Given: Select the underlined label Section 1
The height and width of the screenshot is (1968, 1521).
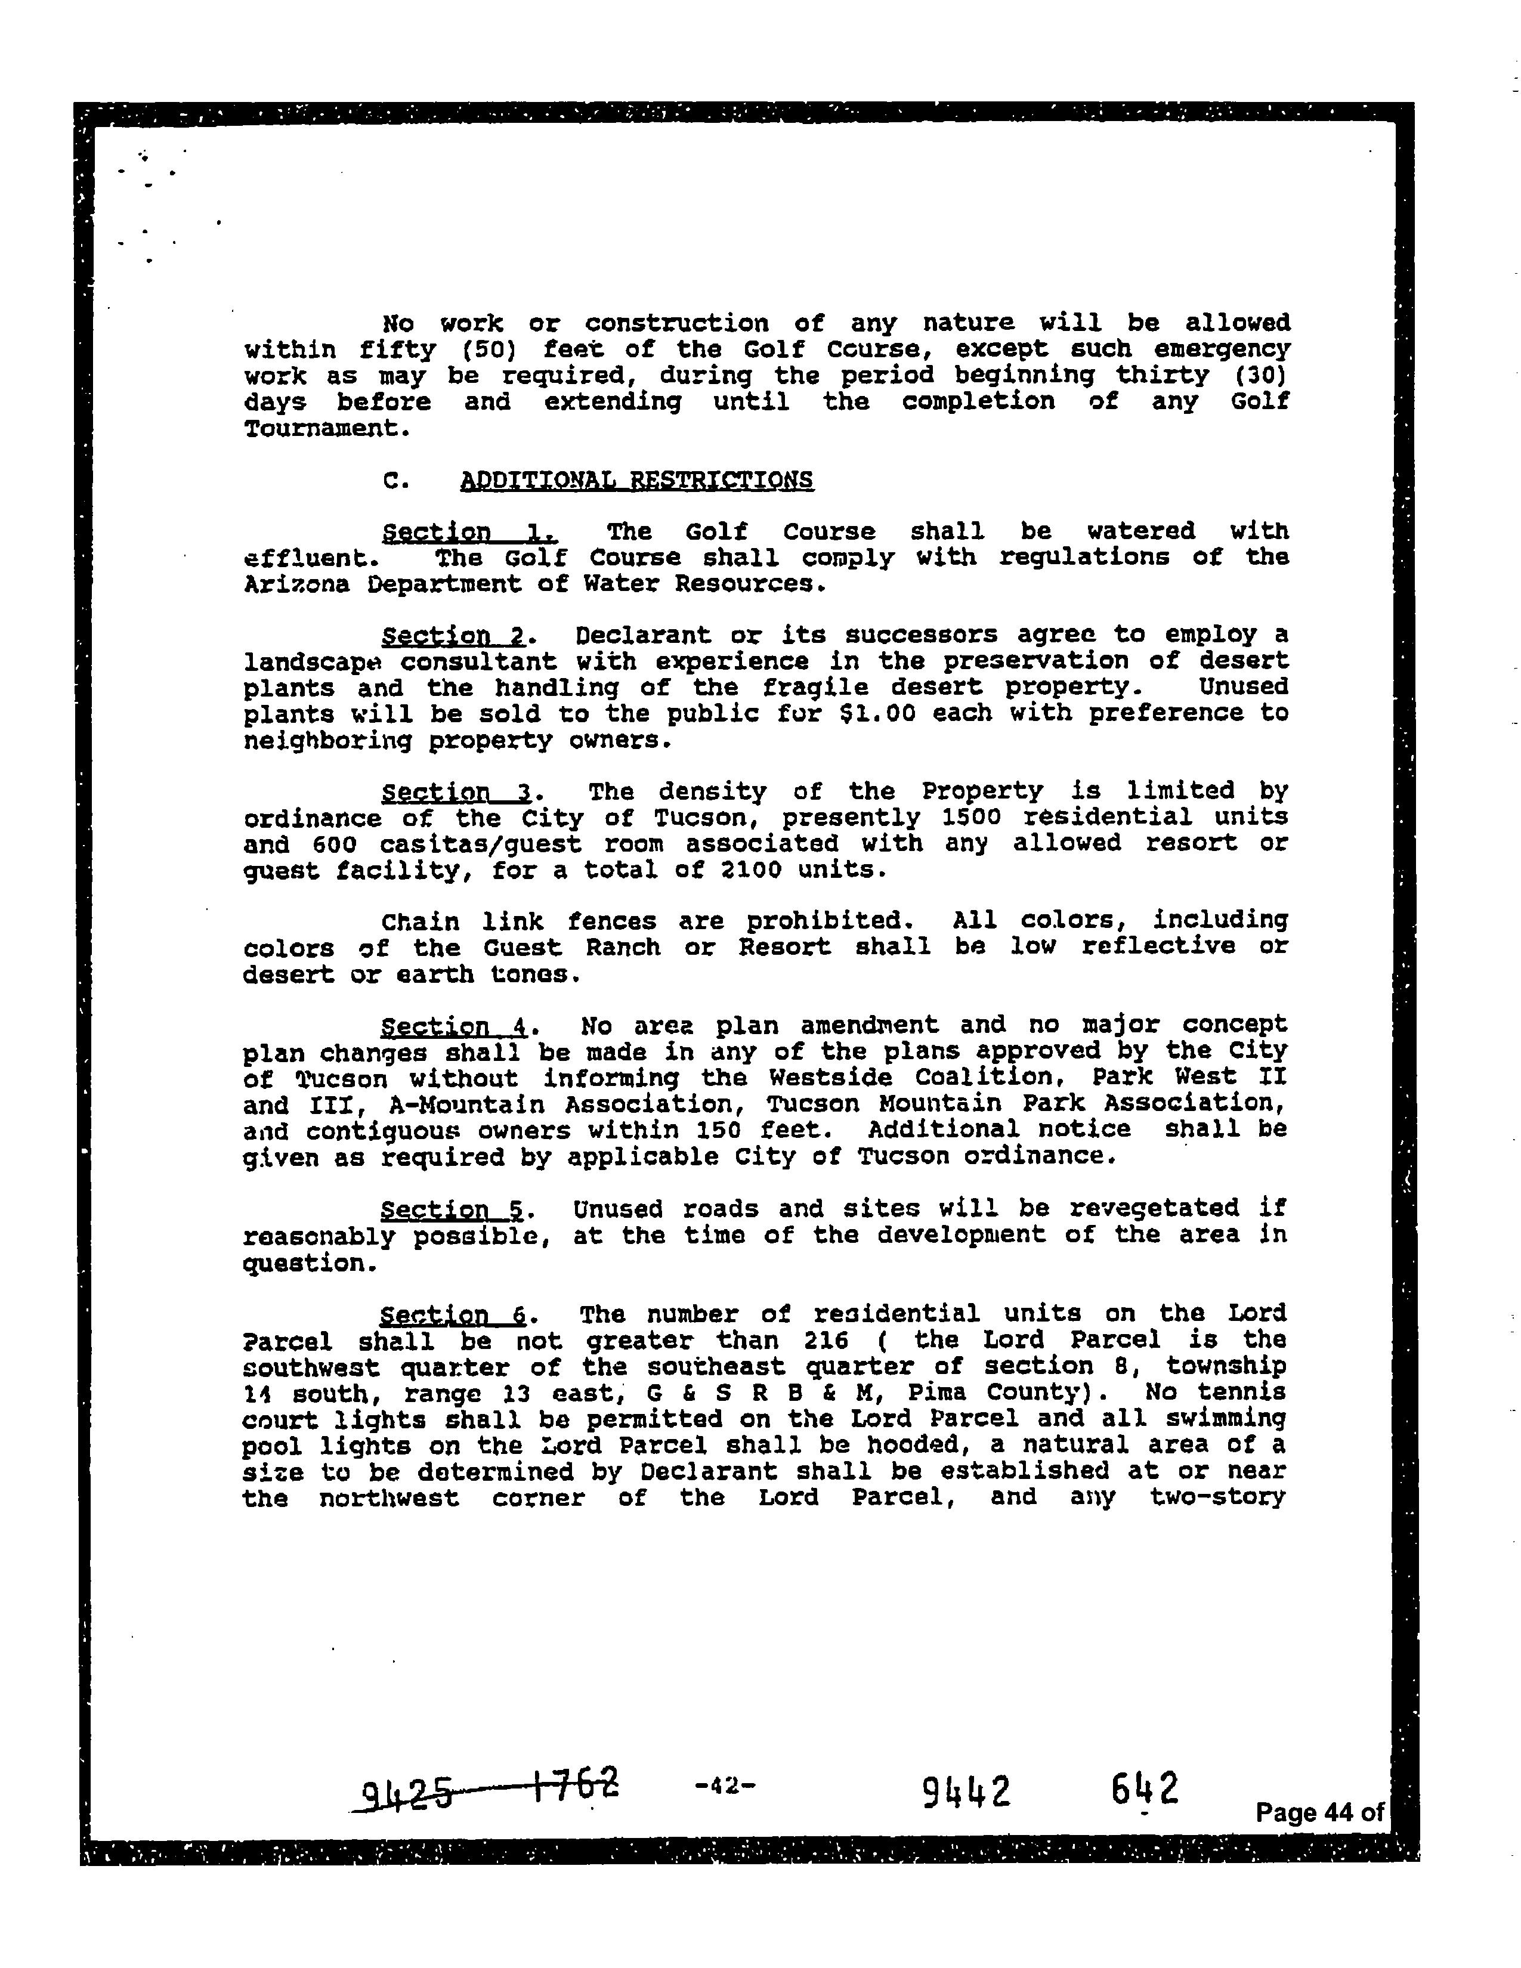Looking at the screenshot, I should (x=469, y=533).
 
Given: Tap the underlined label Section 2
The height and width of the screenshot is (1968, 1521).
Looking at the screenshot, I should (x=453, y=636).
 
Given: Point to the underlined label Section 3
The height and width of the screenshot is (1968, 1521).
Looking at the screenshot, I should (x=457, y=793).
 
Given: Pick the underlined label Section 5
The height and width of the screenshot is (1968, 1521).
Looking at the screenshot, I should (x=453, y=1209).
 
